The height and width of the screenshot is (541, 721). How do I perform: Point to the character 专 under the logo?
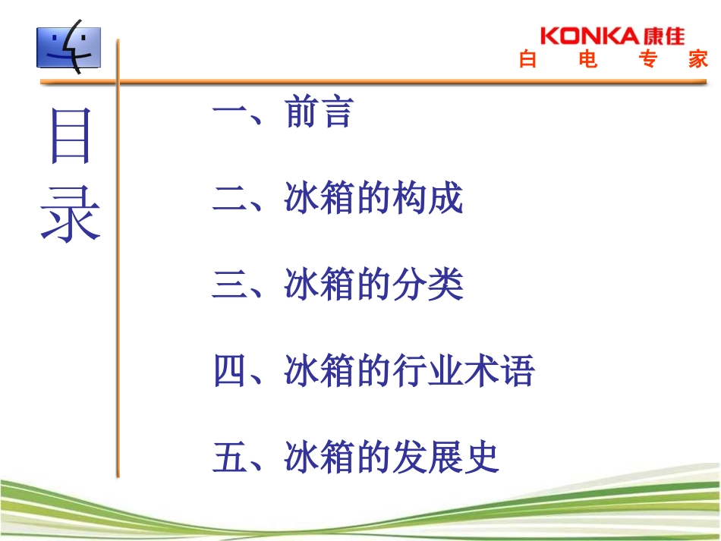(647, 60)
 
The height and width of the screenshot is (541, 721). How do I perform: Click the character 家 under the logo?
(699, 60)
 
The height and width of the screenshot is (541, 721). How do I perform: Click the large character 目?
(70, 137)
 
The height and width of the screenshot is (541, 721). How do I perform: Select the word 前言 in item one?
(320, 113)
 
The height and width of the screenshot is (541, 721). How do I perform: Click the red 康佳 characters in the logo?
(663, 36)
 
